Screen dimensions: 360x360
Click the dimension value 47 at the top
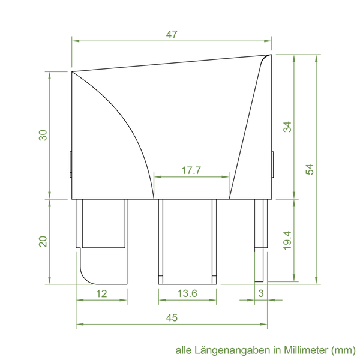172,34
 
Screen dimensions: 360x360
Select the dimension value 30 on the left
43,135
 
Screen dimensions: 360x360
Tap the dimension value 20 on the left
43,242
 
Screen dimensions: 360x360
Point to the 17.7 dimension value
191,170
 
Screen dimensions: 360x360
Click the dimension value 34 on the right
287,127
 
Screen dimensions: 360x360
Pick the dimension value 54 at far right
310,169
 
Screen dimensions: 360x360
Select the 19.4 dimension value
287,241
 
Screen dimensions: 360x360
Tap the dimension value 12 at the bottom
101,293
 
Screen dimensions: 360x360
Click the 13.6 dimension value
187,293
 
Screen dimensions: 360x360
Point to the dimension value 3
261,293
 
